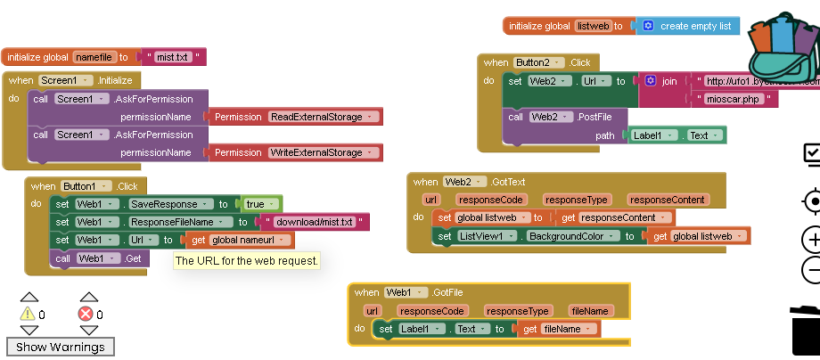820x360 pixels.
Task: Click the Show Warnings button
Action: (61, 347)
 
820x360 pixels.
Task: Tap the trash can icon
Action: (805, 330)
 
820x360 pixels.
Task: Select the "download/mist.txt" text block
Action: (314, 222)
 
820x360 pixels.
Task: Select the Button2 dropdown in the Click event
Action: (538, 62)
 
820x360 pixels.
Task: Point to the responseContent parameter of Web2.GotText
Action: (667, 200)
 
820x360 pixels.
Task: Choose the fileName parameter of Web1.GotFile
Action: (590, 311)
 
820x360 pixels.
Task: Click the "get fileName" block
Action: (558, 329)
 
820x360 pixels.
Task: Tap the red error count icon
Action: (86, 314)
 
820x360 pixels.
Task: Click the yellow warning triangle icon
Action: (28, 314)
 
